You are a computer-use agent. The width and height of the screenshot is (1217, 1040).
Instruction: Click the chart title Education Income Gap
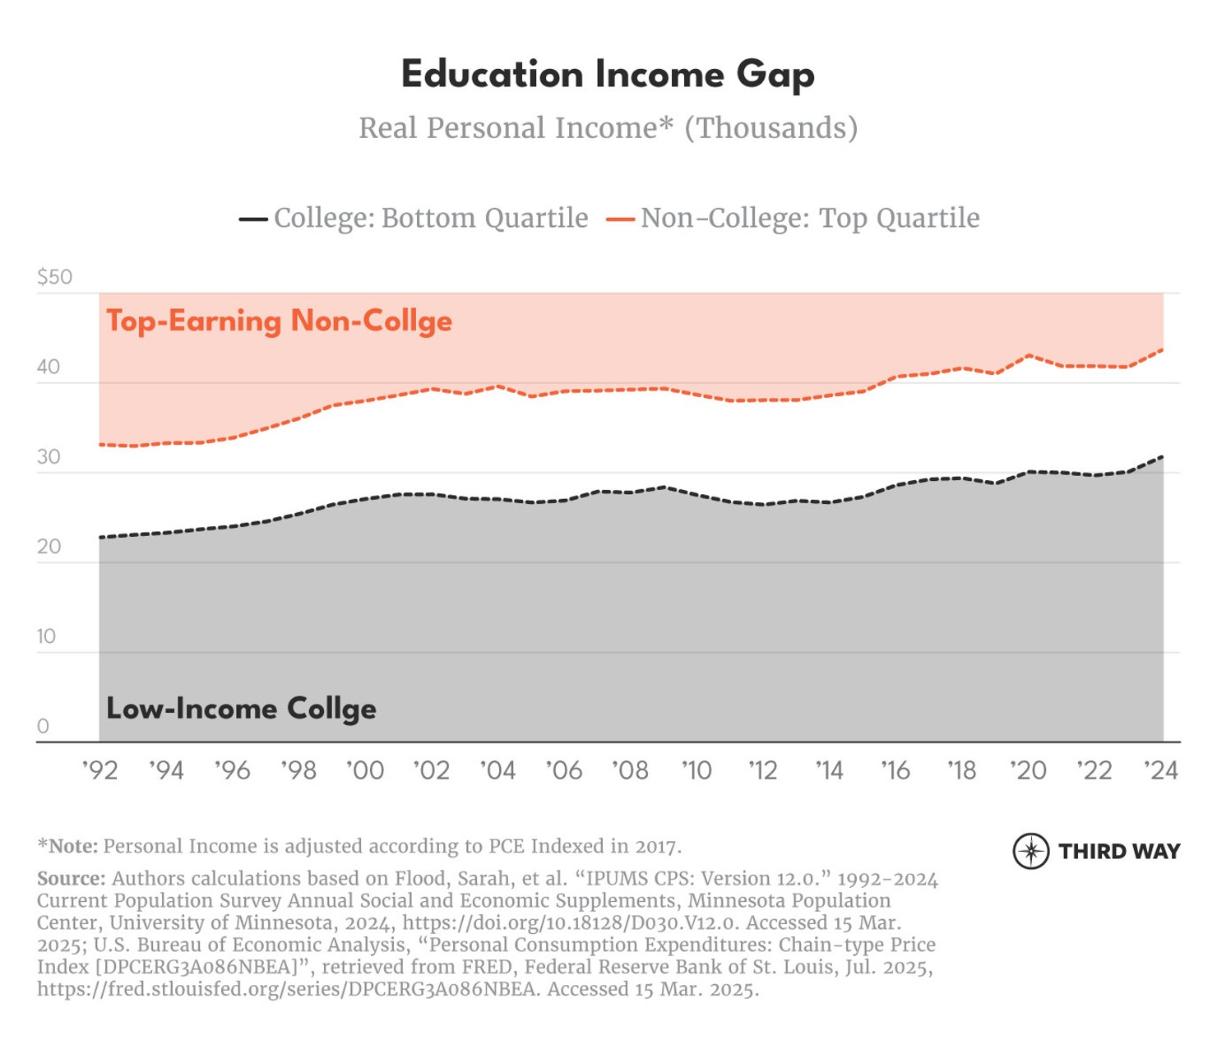point(608,75)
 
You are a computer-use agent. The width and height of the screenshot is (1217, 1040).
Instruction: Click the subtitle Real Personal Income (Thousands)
point(608,128)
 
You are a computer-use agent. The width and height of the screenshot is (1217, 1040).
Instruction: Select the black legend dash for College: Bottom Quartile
point(253,220)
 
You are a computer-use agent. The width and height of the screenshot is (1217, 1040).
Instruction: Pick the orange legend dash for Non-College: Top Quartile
point(620,220)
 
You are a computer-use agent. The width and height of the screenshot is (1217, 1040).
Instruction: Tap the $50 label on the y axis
point(54,277)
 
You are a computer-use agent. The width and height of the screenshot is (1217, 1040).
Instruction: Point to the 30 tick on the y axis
point(49,457)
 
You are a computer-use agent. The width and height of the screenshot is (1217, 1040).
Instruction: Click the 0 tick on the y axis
point(43,727)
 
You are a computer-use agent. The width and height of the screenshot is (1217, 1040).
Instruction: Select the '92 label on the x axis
point(99,771)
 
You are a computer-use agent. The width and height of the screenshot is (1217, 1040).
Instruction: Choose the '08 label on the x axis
point(630,771)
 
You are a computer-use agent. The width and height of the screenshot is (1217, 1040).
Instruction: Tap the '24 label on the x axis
point(1161,771)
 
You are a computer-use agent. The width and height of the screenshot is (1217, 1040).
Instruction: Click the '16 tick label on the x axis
point(895,771)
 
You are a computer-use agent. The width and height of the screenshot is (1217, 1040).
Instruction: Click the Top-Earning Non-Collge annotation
point(279,321)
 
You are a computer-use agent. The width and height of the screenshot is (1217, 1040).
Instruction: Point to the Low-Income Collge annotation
point(241,709)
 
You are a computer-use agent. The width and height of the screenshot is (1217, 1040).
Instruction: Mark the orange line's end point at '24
point(1162,349)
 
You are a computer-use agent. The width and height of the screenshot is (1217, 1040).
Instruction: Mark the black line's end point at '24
point(1162,456)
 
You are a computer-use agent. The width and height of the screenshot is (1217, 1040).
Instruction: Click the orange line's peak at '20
point(1029,355)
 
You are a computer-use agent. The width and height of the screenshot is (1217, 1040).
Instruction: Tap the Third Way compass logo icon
point(1030,851)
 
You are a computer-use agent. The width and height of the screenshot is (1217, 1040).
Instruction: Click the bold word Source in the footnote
point(71,879)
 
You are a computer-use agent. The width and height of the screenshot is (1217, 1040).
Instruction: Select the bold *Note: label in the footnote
point(67,846)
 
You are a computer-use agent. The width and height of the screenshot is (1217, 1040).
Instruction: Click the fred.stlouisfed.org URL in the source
point(288,989)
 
